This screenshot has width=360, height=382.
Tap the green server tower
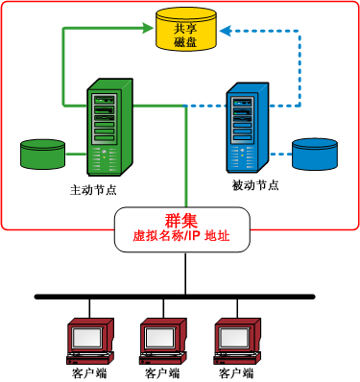(108, 126)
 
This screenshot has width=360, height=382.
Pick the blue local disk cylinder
(316, 154)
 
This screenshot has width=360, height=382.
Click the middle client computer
(162, 336)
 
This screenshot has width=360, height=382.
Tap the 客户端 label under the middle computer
(160, 372)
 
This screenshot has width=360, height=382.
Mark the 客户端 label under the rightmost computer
(236, 372)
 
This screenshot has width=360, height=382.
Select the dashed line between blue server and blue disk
(279, 154)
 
